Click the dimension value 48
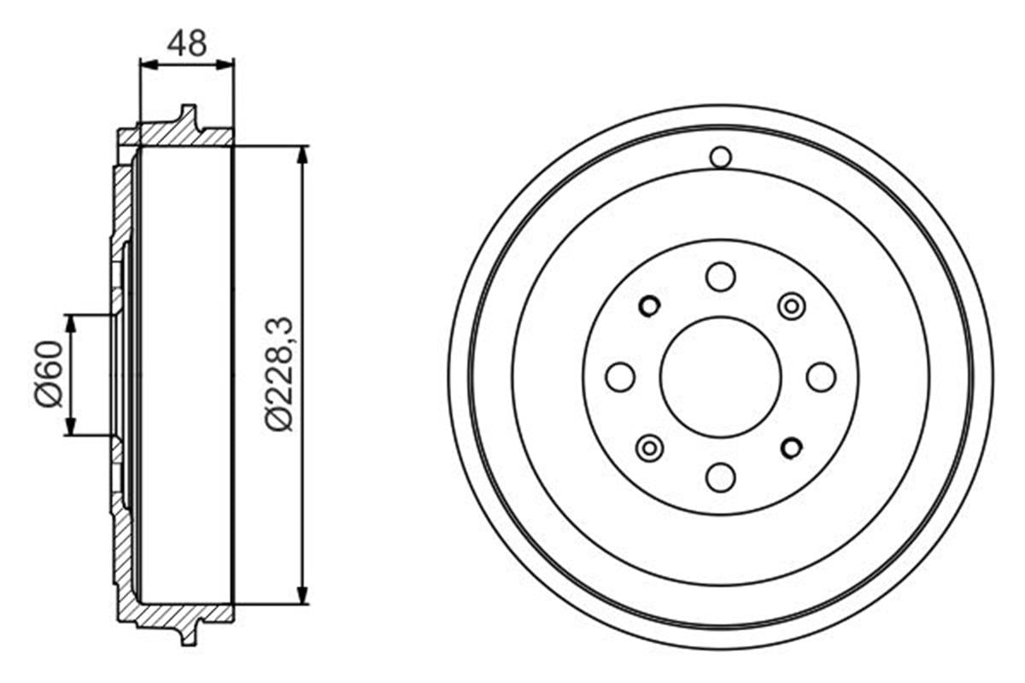click(x=187, y=43)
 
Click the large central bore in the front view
click(x=721, y=377)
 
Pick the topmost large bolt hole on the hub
click(x=721, y=277)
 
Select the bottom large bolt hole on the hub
click(x=721, y=476)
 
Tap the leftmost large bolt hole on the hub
click(x=620, y=377)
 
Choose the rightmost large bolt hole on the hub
click(x=821, y=377)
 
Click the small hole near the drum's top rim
click(x=721, y=157)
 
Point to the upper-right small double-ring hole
click(x=792, y=306)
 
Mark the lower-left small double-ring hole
click(x=650, y=447)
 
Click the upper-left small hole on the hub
click(x=649, y=305)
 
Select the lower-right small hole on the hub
click(x=792, y=447)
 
